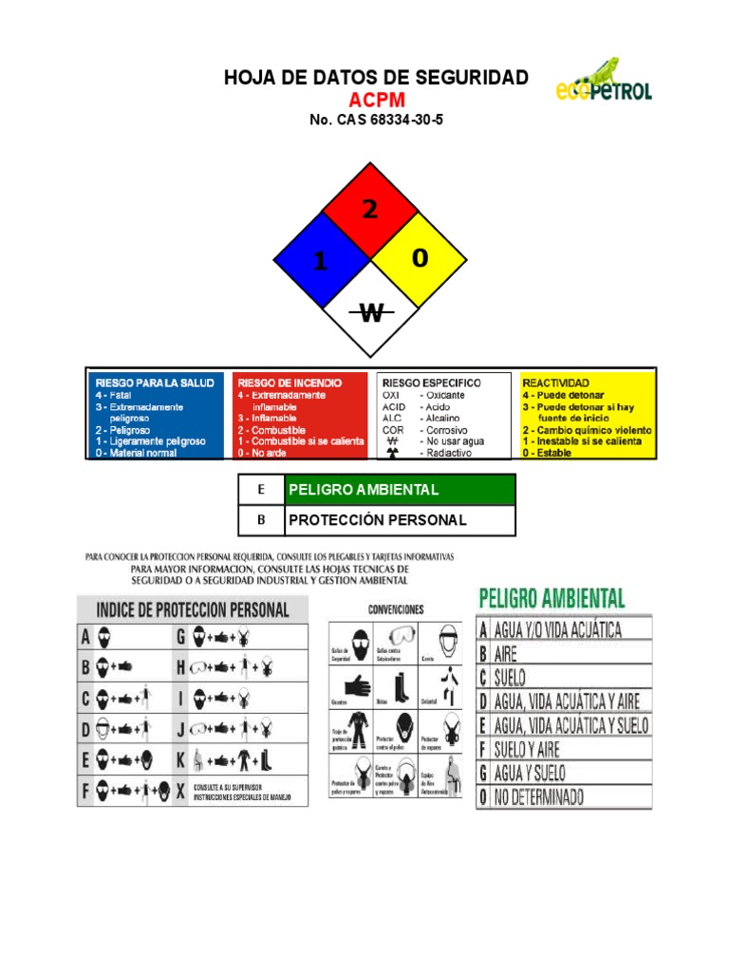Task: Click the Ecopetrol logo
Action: pos(603,82)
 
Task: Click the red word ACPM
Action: pos(376,100)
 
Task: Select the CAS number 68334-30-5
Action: pos(376,121)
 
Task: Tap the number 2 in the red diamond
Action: pos(369,210)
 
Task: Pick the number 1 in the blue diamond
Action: pos(320,261)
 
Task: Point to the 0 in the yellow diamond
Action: pos(420,257)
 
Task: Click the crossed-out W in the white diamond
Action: pos(371,311)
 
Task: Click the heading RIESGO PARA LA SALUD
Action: pos(155,383)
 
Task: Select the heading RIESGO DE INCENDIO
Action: pos(290,383)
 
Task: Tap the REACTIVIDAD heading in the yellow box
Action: pos(555,383)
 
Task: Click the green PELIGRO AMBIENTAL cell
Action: pos(400,490)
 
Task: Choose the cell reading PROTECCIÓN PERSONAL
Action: pos(400,520)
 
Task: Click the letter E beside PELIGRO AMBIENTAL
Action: pos(261,490)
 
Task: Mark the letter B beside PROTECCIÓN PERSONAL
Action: pos(261,520)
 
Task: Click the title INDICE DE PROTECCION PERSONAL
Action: pos(193,609)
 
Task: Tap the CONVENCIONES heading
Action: pos(395,609)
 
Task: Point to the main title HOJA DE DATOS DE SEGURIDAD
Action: pos(376,78)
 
